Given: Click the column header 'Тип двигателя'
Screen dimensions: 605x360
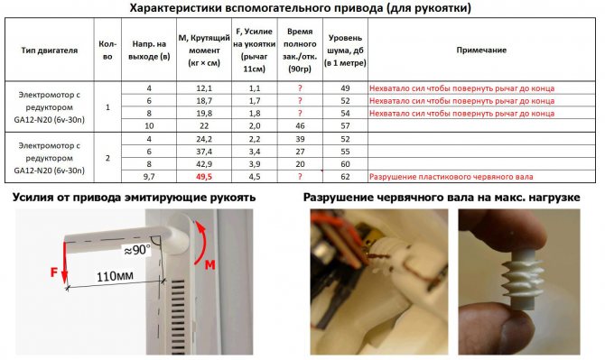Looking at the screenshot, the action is (x=50, y=51).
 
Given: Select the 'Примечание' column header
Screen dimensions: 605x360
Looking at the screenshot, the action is (x=481, y=51).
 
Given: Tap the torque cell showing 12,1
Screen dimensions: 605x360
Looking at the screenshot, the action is (x=204, y=88).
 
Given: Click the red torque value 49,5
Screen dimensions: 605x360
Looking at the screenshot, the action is (x=204, y=177).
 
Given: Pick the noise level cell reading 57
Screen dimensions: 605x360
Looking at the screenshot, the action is (x=345, y=125).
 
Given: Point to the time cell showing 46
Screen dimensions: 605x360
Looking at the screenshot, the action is (x=300, y=125).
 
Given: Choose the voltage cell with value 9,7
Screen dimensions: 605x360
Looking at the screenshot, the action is (x=149, y=177).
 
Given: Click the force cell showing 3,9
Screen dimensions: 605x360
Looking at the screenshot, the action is (x=255, y=164).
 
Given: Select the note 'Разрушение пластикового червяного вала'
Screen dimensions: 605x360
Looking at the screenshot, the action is (x=451, y=177).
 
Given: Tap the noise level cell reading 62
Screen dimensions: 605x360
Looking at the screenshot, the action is (x=345, y=177).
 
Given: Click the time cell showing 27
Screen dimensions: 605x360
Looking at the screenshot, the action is (x=300, y=152).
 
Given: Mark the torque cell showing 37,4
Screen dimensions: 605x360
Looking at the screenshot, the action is (x=204, y=152).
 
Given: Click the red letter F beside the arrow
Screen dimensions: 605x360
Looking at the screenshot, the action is (x=54, y=272).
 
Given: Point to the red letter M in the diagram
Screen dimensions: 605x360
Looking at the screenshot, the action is (x=209, y=265).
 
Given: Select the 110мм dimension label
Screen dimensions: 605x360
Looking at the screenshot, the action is (x=115, y=276).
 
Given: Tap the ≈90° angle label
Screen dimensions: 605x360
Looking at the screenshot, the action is (x=136, y=250).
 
